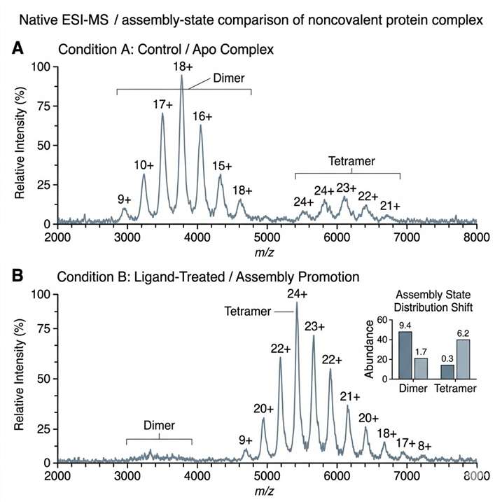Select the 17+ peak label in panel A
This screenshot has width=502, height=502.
pos(162,104)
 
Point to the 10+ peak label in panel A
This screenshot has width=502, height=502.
pos(144,165)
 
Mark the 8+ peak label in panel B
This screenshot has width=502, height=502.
pos(425,445)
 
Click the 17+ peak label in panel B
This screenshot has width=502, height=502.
pos(405,442)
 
